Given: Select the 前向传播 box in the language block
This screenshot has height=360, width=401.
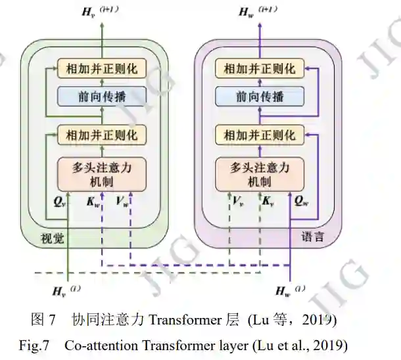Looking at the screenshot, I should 260,97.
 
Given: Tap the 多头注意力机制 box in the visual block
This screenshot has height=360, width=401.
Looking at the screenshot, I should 101,174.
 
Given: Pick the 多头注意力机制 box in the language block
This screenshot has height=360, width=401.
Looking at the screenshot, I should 260,174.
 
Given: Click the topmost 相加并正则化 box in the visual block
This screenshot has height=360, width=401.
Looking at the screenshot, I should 101,68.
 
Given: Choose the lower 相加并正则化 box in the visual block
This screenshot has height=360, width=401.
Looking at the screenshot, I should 101,135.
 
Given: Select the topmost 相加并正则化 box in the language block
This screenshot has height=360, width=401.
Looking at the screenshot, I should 260,68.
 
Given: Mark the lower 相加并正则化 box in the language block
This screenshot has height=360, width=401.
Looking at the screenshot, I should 260,135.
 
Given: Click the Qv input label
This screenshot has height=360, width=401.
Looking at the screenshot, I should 59,202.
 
